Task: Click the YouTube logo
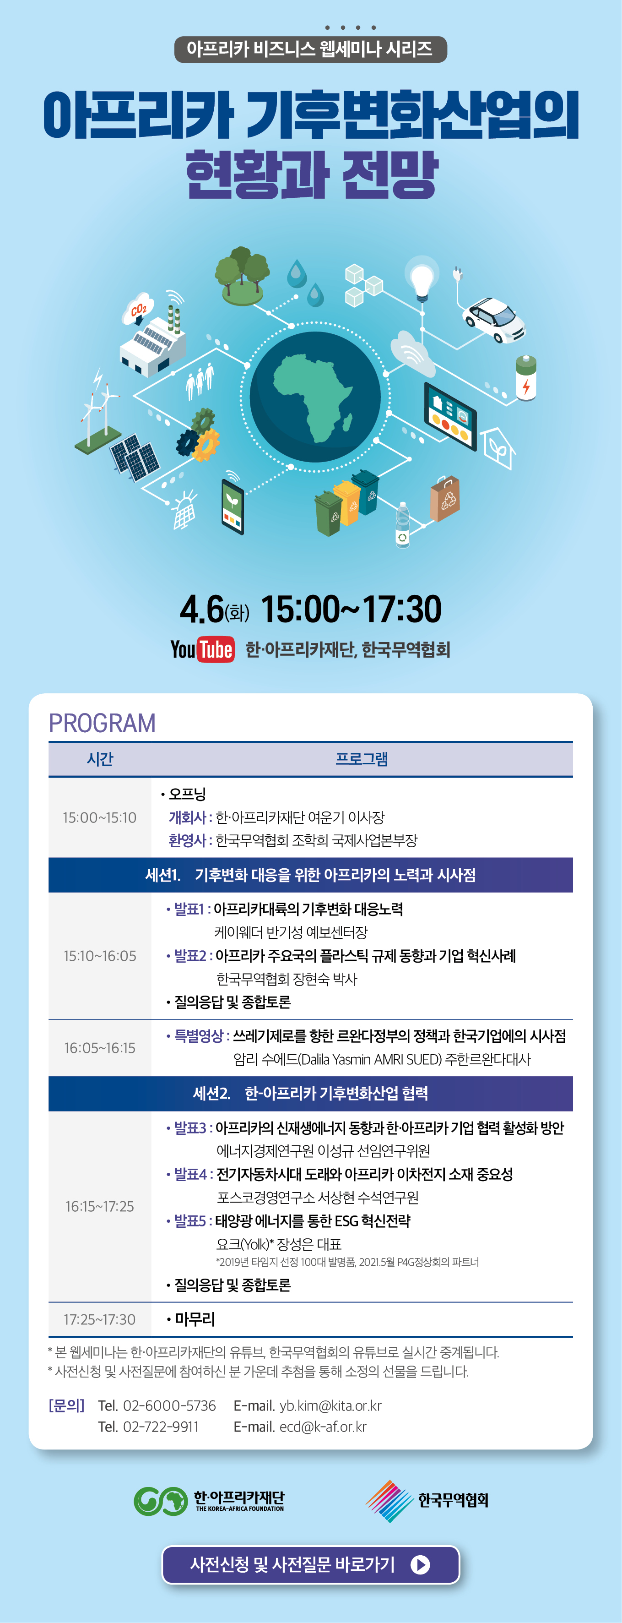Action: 202,649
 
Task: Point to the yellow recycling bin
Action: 347,502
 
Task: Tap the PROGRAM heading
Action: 102,723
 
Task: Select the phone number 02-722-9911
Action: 161,1427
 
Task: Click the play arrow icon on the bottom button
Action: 420,1564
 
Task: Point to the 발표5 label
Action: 190,1220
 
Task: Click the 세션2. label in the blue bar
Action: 211,1093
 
